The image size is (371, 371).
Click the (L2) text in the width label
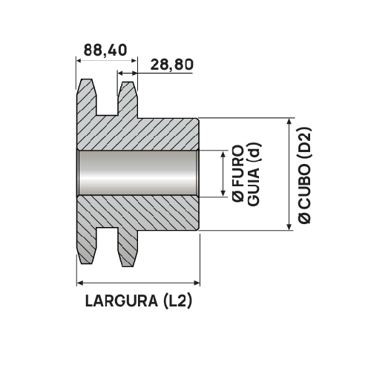tap(177, 302)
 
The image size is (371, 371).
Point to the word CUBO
tap(304, 183)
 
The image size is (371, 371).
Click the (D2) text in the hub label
tap(304, 142)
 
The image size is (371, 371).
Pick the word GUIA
tap(254, 185)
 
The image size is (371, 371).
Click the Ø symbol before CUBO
tap(304, 215)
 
